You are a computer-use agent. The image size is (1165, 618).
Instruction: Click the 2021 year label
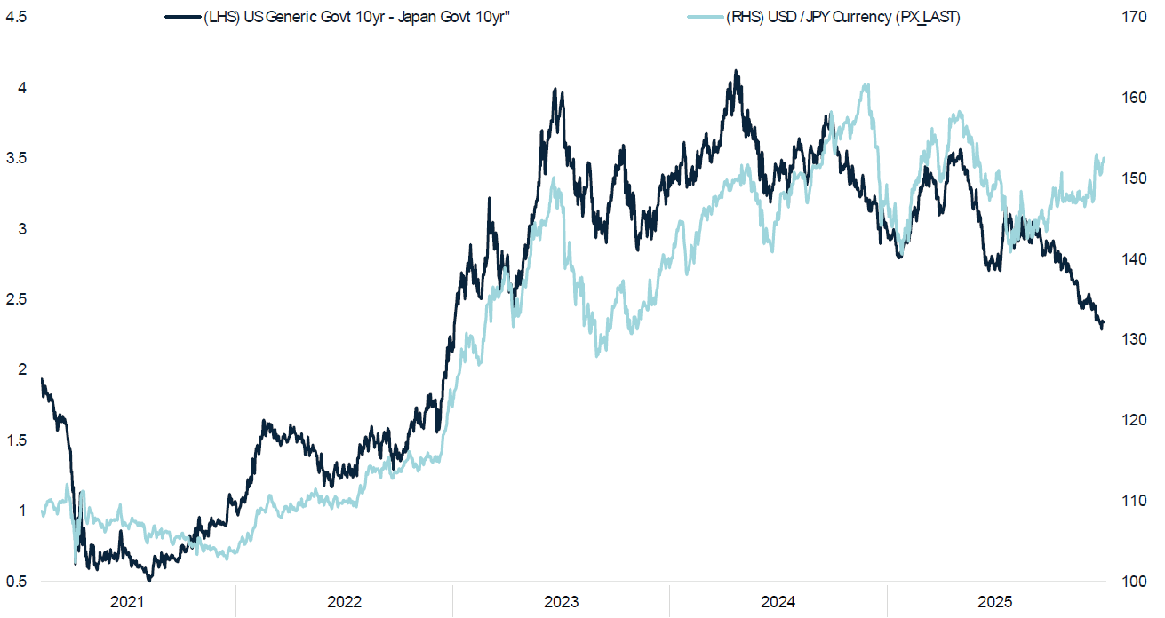pyautogui.click(x=127, y=603)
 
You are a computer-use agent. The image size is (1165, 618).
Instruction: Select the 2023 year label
pyautogui.click(x=562, y=603)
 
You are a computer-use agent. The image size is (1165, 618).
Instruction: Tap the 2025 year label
pyautogui.click(x=995, y=603)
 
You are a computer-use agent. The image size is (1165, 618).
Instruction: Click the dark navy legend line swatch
pyautogui.click(x=183, y=18)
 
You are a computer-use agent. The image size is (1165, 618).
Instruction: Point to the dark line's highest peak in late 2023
pyautogui.click(x=735, y=71)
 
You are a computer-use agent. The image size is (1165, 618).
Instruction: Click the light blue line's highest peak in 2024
pyautogui.click(x=866, y=85)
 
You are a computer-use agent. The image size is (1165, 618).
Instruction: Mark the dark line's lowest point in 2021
pyautogui.click(x=149, y=580)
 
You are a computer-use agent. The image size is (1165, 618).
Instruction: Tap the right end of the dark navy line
pyautogui.click(x=1104, y=324)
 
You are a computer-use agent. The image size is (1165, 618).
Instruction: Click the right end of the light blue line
pyautogui.click(x=1104, y=159)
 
